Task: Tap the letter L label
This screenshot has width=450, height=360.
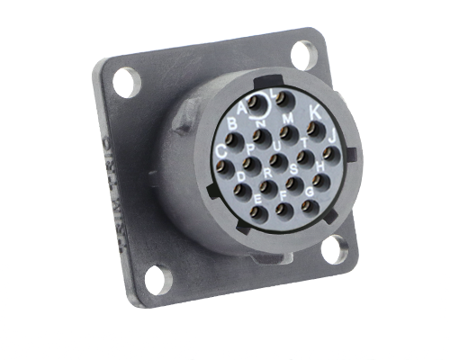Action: (274, 93)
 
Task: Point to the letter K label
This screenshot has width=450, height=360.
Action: (314, 112)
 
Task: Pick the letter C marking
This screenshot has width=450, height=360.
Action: (221, 150)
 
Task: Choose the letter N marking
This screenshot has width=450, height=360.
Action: (260, 122)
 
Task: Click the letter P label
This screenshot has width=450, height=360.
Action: (249, 148)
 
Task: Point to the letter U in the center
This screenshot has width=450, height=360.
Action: (276, 146)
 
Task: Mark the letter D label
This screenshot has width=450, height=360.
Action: (240, 176)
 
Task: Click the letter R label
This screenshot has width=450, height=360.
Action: (267, 173)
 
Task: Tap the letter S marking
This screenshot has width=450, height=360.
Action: (293, 168)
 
